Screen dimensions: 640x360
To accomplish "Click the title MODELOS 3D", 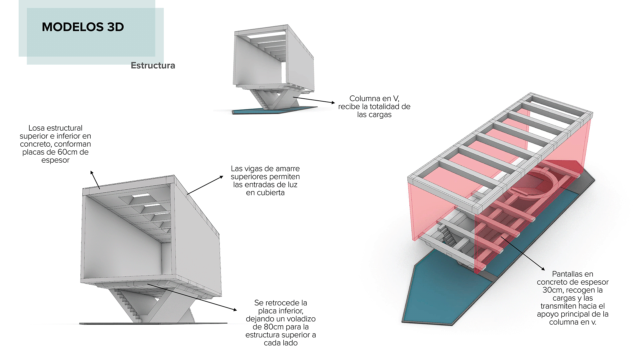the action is pos(83,27).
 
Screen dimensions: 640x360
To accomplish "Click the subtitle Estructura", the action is pos(153,65).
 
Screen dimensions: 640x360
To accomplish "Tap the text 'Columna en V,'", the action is pos(374,98).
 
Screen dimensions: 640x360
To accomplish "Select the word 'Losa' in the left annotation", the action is pos(36,128).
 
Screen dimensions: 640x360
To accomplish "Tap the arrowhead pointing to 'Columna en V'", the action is pos(333,103).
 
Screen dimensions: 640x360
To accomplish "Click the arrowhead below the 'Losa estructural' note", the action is pos(92,173).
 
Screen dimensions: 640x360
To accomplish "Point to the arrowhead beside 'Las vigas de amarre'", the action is pos(221,177).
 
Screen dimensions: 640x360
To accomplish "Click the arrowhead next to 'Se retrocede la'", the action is pos(235,310).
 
